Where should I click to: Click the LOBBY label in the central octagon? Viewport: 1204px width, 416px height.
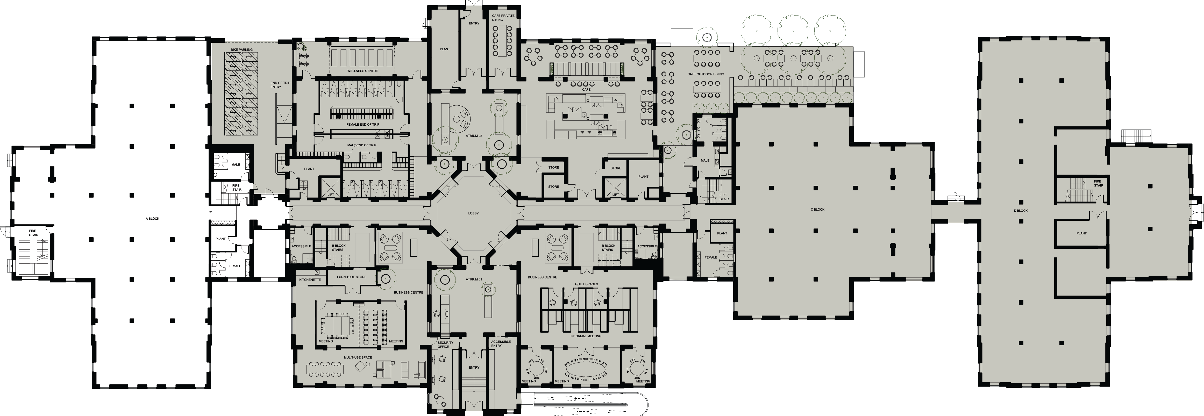(473, 213)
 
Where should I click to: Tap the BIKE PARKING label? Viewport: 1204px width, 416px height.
(242, 49)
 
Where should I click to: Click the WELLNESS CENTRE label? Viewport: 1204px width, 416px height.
(362, 71)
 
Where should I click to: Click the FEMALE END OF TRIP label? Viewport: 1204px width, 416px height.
(362, 125)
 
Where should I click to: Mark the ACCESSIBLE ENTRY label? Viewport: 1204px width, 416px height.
(501, 343)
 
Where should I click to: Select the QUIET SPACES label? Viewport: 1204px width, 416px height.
(587, 284)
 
